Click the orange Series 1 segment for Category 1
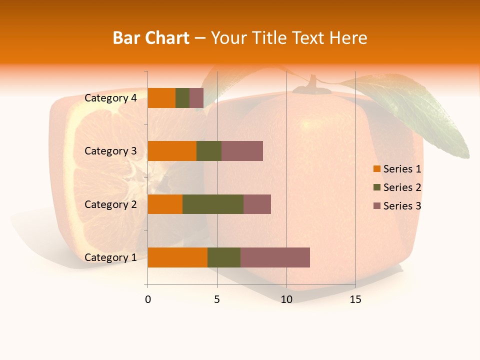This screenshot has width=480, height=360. pyautogui.click(x=177, y=257)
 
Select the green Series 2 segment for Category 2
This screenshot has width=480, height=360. pyautogui.click(x=213, y=204)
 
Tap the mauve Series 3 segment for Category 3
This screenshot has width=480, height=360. pyautogui.click(x=242, y=151)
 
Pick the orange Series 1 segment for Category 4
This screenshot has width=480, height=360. pyautogui.click(x=161, y=98)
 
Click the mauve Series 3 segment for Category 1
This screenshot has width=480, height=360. pyautogui.click(x=275, y=257)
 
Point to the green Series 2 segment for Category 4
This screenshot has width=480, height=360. pyautogui.click(x=182, y=98)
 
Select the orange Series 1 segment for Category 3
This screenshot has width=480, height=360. pyautogui.click(x=172, y=151)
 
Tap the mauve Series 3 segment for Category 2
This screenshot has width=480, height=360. pyautogui.click(x=257, y=204)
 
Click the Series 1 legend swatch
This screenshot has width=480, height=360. pyautogui.click(x=376, y=169)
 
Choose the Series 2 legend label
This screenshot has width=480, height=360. pyautogui.click(x=402, y=187)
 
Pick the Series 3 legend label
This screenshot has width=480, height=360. pyautogui.click(x=402, y=206)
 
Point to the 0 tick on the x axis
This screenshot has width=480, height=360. pyautogui.click(x=148, y=299)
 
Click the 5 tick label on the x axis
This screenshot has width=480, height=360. pyautogui.click(x=217, y=299)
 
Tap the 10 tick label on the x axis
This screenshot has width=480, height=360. pyautogui.click(x=286, y=299)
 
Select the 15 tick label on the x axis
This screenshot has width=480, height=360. pyautogui.click(x=355, y=299)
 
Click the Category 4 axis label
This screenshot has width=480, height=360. pyautogui.click(x=110, y=98)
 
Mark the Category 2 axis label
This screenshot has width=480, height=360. pyautogui.click(x=110, y=204)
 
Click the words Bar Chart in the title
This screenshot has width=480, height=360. pyautogui.click(x=151, y=38)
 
